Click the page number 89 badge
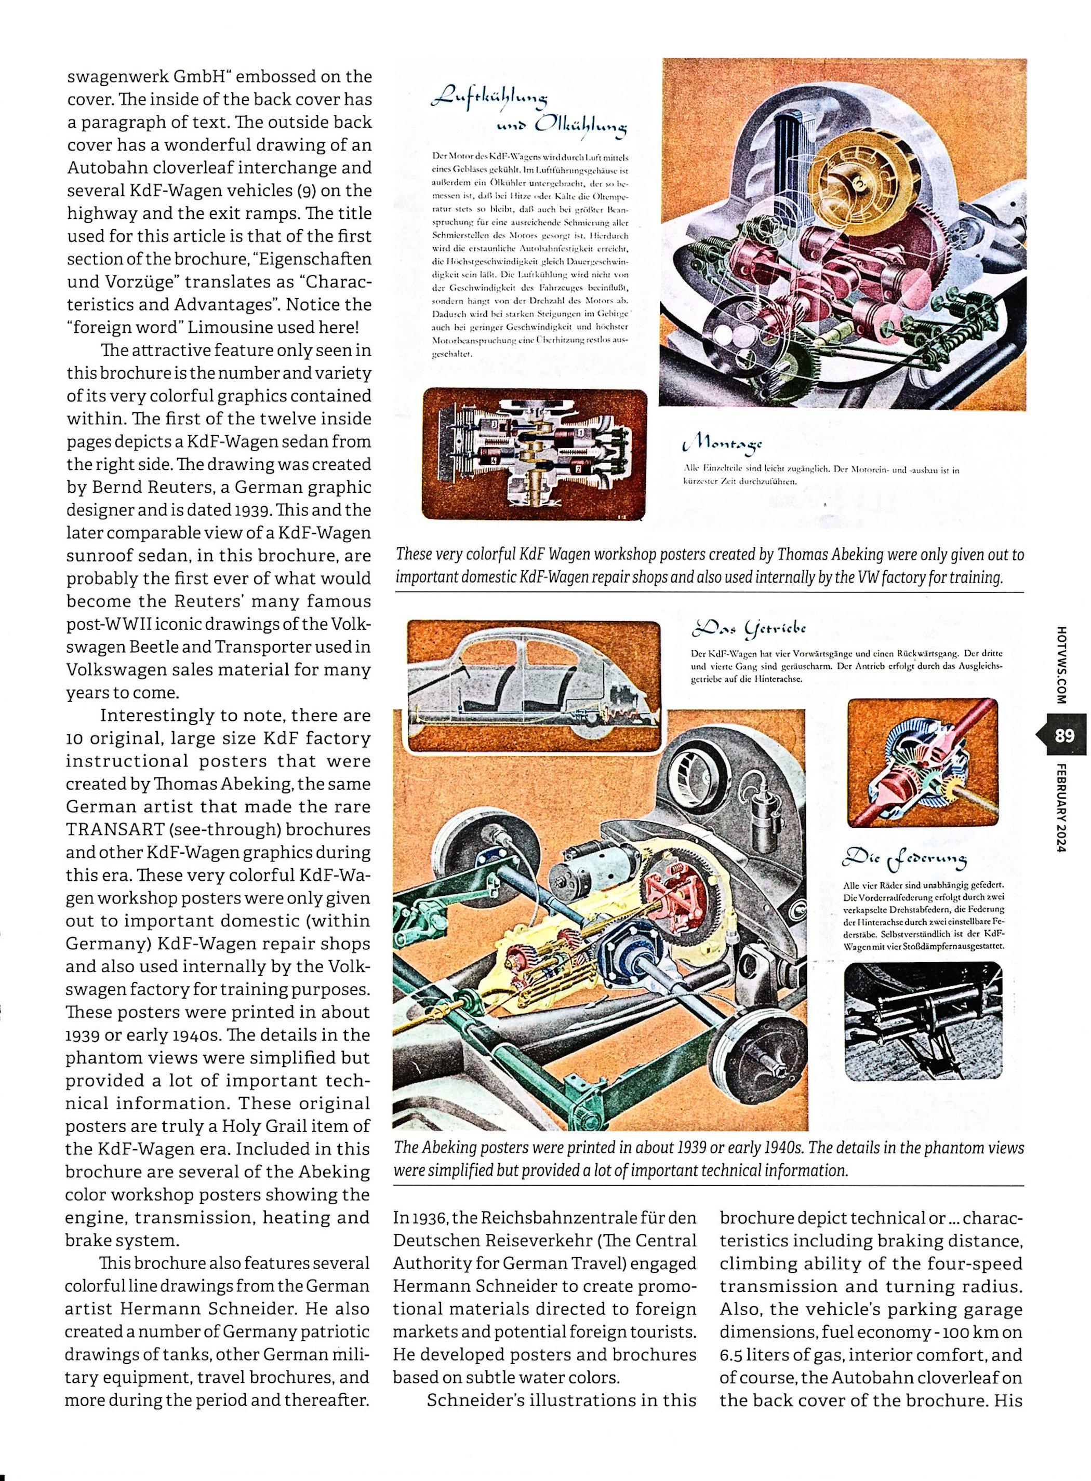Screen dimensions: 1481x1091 tap(1065, 735)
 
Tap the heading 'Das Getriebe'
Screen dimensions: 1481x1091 tap(748, 628)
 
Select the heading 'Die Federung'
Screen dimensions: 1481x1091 tap(905, 858)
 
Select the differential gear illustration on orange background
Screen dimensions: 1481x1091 tap(922, 762)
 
